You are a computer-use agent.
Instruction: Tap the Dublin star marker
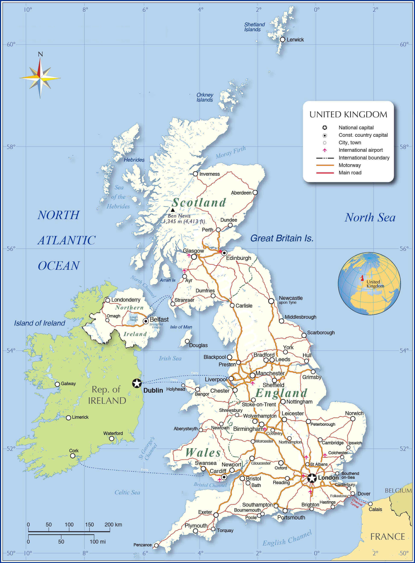pos(137,383)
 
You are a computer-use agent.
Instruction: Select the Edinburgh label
pos(238,258)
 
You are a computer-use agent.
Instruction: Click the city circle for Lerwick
pos(282,40)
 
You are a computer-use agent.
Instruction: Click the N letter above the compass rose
pos(40,54)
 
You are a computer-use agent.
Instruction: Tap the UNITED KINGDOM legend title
pos(348,115)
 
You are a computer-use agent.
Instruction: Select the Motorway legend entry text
pos(349,165)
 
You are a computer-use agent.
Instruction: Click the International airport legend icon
pos(324,150)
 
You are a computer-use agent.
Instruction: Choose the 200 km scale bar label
pos(113,525)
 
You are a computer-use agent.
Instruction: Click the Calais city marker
pos(370,504)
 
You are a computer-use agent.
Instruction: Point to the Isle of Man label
pos(181,327)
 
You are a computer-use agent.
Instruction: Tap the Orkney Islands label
pos(205,97)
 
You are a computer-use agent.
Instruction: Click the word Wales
pos(203,453)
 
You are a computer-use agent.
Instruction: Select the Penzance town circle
pos(156,545)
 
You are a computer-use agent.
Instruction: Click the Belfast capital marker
pos(146,321)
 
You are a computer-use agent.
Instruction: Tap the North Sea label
pos(370,218)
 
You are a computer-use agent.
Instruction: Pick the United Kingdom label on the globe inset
pos(375,284)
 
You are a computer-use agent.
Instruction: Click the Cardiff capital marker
pos(224,477)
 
